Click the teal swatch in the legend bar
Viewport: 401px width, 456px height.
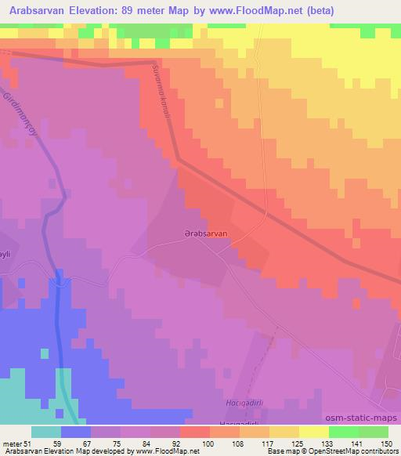[46, 432]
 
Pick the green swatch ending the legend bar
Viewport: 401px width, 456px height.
[373, 432]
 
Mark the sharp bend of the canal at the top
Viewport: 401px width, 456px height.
[155, 63]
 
